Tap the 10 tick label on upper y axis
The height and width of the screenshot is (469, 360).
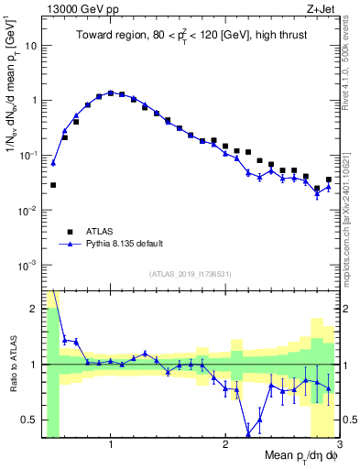tap(31, 45)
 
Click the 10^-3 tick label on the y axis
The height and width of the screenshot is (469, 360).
tap(28, 265)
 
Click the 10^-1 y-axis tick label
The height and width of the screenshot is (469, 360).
tap(28, 155)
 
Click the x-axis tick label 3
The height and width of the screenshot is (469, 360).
tap(338, 444)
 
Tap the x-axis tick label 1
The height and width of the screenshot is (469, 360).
tap(111, 444)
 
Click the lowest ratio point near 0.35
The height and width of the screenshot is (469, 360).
tap(248, 434)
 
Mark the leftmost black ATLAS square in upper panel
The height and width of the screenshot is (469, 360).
tap(53, 185)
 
